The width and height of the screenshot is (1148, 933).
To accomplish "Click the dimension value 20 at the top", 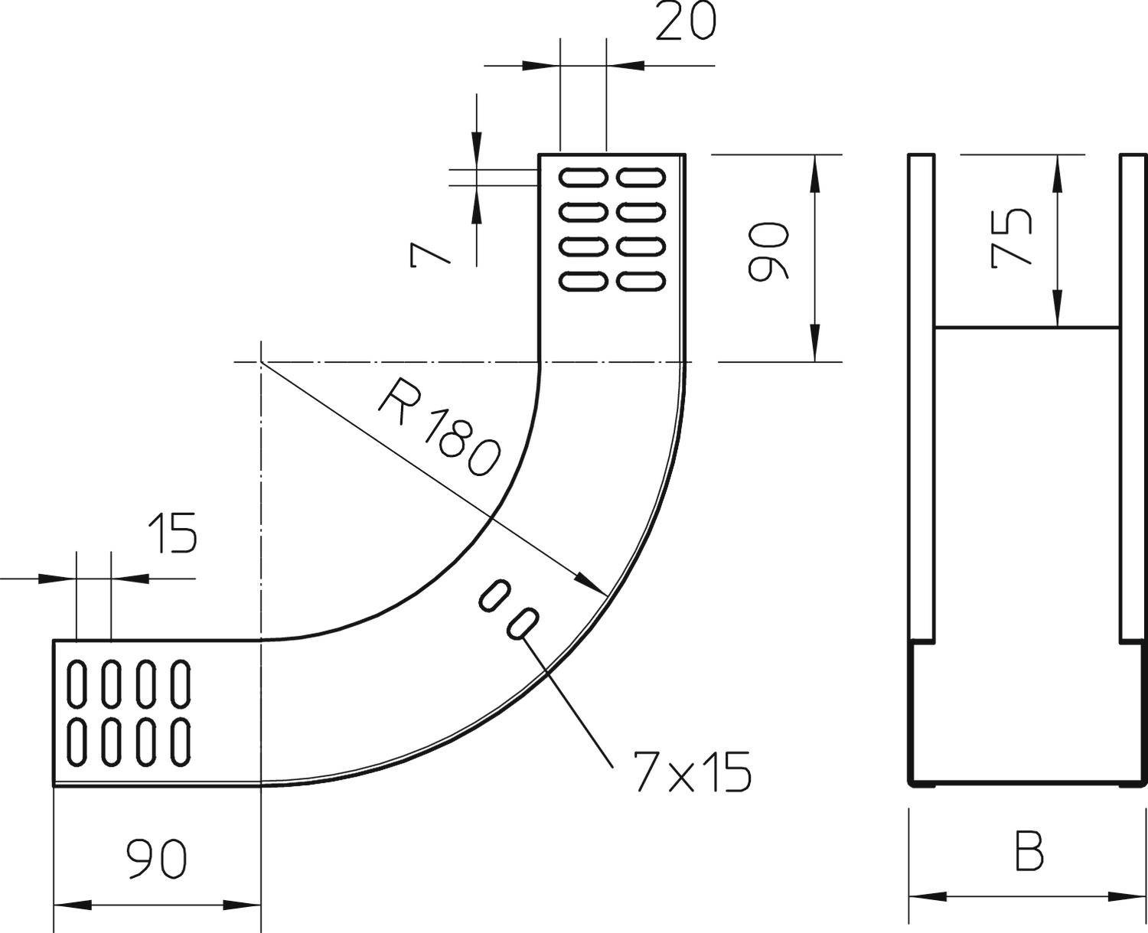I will (x=686, y=23).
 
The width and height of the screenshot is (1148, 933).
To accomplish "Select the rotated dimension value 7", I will (x=429, y=255).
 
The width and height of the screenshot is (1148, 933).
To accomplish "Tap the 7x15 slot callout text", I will (x=692, y=772).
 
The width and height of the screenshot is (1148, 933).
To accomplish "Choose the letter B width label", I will (x=1029, y=852).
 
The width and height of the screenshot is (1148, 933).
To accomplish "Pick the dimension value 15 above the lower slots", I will (x=172, y=533).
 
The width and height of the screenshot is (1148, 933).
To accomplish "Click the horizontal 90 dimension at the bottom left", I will (x=157, y=860).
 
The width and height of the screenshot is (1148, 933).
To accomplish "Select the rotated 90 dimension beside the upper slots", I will (x=768, y=251).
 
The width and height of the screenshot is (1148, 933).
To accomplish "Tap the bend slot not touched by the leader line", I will (x=494, y=595).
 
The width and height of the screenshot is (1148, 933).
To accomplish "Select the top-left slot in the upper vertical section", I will (x=584, y=178).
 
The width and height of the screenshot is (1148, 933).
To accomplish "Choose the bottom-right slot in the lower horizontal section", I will (x=180, y=742).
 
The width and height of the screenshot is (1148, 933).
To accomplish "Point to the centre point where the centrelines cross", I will (x=261, y=362).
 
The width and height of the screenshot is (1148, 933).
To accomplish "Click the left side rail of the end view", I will (x=921, y=398).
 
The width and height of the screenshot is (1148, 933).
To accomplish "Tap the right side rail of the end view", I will (x=1133, y=398).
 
